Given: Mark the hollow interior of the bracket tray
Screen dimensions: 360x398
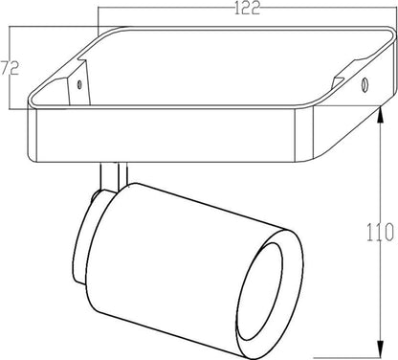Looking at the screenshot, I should tap(210, 72).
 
